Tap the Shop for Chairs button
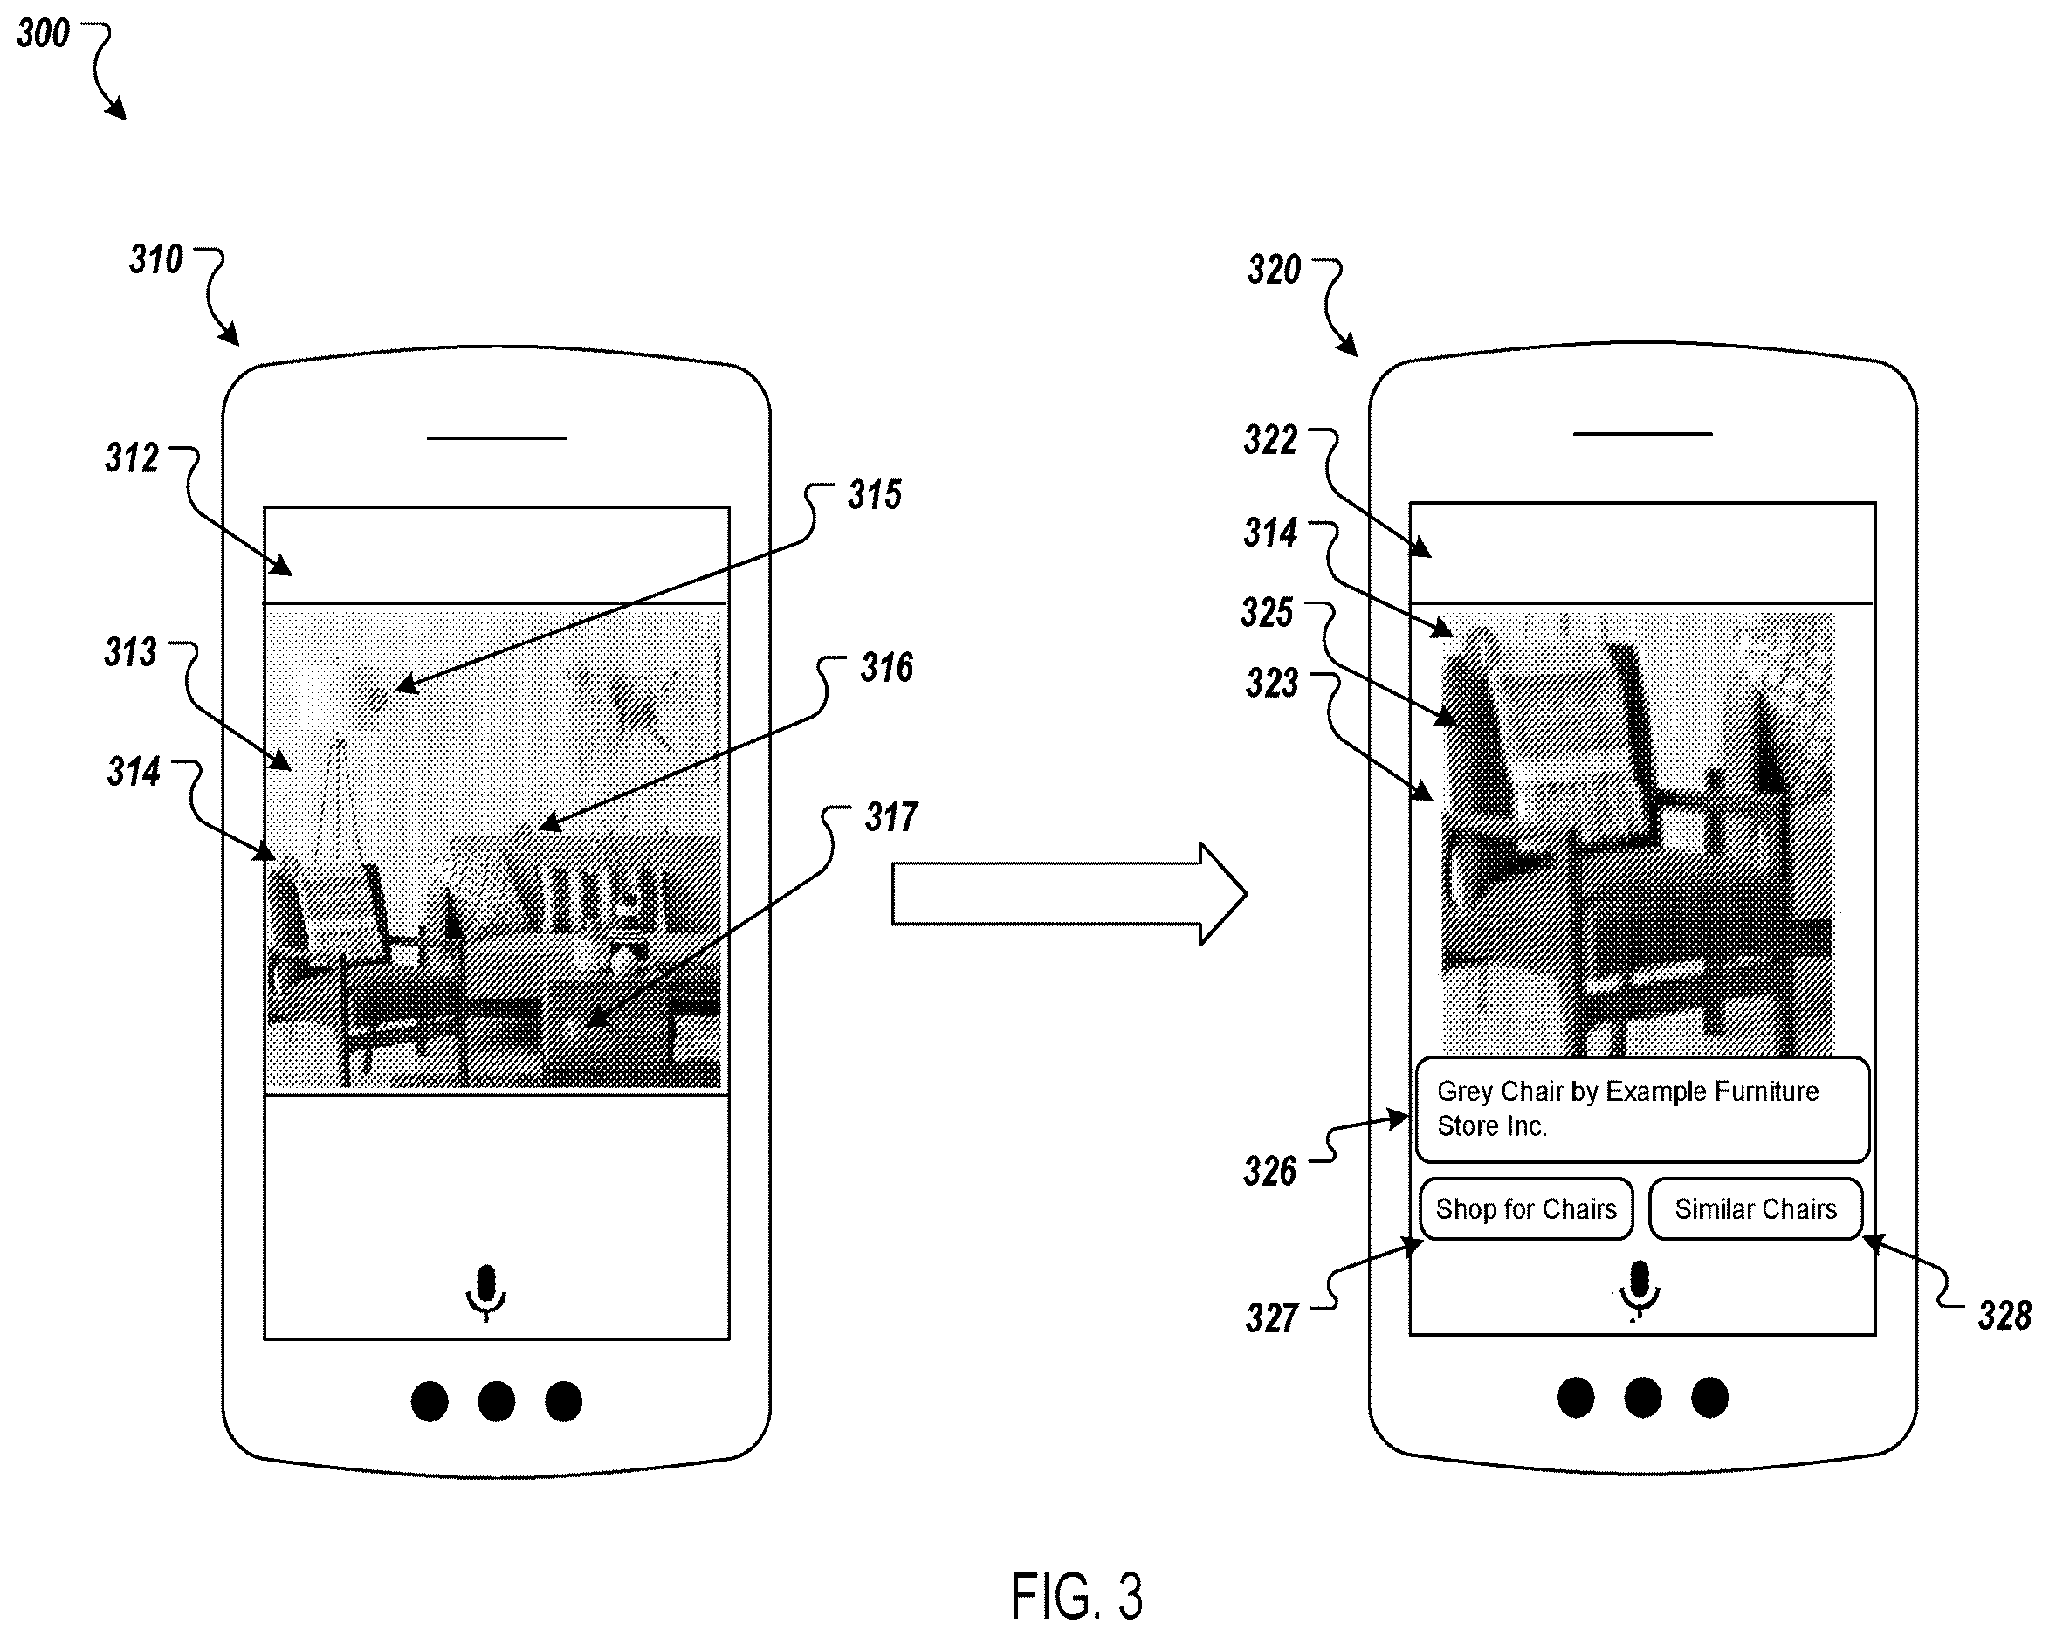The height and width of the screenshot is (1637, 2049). point(1526,1209)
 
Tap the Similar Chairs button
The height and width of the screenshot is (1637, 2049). point(1756,1209)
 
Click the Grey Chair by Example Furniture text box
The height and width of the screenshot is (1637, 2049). point(1642,1110)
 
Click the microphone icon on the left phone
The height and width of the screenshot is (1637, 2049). point(485,1293)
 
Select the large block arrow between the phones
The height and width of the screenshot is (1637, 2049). point(1069,894)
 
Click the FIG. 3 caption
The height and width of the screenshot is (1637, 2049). point(1076,1596)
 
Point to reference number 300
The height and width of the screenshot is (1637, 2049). point(44,34)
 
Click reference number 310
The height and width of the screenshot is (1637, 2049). point(157,259)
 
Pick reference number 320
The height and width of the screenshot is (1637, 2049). point(1275,270)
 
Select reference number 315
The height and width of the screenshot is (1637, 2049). point(876,495)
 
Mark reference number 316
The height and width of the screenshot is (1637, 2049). point(887,668)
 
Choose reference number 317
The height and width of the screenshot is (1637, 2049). point(891,817)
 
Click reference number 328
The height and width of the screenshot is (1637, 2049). point(2004,1317)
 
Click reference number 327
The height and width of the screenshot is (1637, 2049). point(1273,1318)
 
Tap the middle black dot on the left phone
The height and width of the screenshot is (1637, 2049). point(496,1402)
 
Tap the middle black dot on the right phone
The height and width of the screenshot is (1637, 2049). point(1642,1398)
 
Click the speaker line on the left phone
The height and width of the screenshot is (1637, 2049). point(496,438)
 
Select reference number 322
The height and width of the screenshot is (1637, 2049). point(1270,440)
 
